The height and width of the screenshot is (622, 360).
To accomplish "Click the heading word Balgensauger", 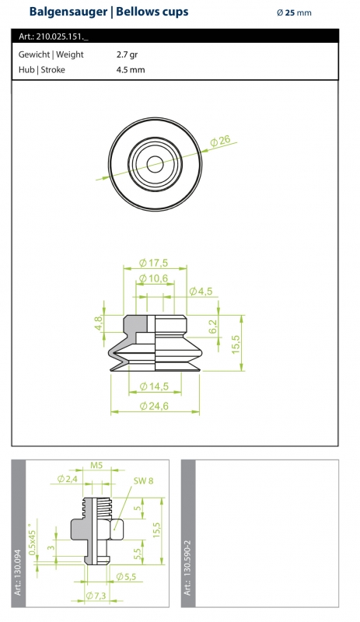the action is click(x=68, y=12).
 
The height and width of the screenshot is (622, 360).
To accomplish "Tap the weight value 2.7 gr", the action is click(x=127, y=54).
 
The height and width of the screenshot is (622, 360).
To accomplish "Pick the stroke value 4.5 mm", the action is click(x=131, y=70).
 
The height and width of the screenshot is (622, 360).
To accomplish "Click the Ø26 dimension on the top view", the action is click(x=220, y=141).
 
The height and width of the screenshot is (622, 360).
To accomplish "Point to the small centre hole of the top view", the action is click(x=155, y=164).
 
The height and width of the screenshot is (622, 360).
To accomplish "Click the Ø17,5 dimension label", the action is click(x=154, y=263).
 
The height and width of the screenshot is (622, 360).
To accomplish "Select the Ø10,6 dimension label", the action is click(x=154, y=278).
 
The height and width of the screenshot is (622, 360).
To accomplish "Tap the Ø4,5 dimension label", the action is click(x=201, y=292).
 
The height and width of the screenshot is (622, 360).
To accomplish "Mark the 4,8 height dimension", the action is click(x=99, y=322).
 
